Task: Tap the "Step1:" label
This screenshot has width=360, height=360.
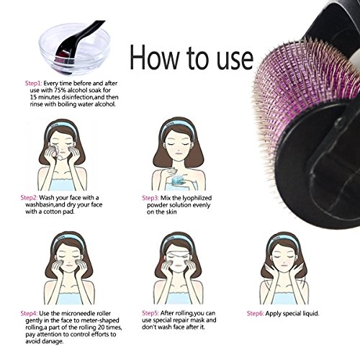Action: pyautogui.click(x=34, y=84)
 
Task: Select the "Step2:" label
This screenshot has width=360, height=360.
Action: pyautogui.click(x=29, y=198)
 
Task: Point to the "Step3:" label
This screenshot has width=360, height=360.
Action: pyautogui.click(x=150, y=198)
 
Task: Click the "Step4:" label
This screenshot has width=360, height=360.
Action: pyautogui.click(x=29, y=313)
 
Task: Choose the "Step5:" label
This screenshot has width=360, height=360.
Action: pyautogui.click(x=150, y=313)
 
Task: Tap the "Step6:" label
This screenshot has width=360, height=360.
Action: pyautogui.click(x=256, y=313)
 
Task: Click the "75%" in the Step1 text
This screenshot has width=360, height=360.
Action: pyautogui.click(x=60, y=91)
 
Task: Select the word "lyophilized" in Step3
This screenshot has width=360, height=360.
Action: pyautogui.click(x=197, y=198)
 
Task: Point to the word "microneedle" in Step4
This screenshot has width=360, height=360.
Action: pyautogui.click(x=78, y=313)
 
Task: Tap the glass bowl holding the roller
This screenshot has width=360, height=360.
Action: pyautogui.click(x=74, y=49)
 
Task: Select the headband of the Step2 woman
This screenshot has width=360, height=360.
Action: pyautogui.click(x=62, y=127)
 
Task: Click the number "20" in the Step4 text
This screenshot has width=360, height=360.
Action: pyautogui.click(x=102, y=328)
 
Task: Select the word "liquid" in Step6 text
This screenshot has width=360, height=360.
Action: pyautogui.click(x=310, y=314)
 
